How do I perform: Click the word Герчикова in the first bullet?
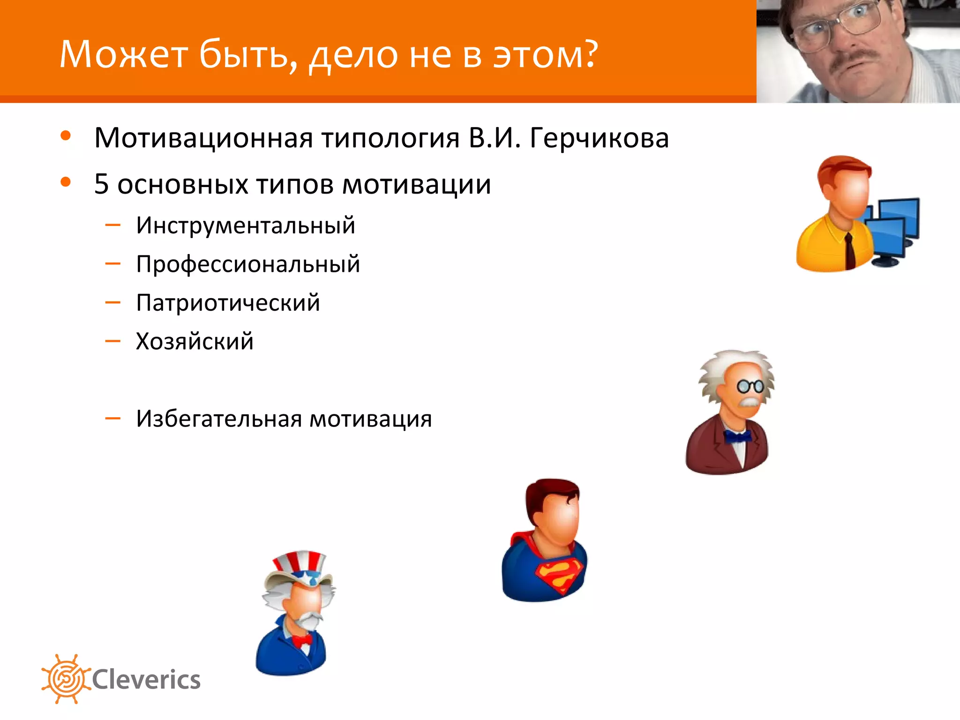click(599, 138)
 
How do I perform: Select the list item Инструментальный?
click(246, 225)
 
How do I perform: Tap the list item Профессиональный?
click(248, 264)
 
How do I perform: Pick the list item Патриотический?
click(228, 303)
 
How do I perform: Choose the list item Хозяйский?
click(195, 341)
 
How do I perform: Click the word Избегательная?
click(218, 419)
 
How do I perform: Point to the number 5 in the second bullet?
click(101, 184)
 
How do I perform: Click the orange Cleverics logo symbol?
click(66, 679)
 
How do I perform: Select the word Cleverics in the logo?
click(146, 680)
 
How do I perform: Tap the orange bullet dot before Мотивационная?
click(66, 136)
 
